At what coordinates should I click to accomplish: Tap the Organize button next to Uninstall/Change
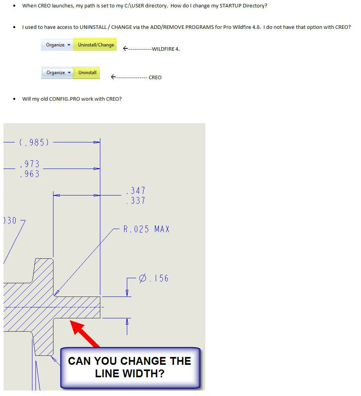pos(57,45)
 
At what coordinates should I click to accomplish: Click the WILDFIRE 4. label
pos(166,49)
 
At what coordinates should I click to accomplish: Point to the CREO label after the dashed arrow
pos(155,78)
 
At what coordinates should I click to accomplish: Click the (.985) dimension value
pos(34,142)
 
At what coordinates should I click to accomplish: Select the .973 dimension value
pos(30,164)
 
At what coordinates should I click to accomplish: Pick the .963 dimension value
pos(30,174)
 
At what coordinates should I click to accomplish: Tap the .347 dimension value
pos(136,190)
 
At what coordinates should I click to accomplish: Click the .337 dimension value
pos(136,201)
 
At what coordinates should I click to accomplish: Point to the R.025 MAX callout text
pos(146,229)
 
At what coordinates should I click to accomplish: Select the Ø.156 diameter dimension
pos(154,278)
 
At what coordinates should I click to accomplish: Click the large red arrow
pos(84,333)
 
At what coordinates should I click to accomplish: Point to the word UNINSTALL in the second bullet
pos(93,27)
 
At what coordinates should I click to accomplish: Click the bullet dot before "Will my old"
pos(14,99)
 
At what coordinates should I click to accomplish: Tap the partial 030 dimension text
pos(10,220)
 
